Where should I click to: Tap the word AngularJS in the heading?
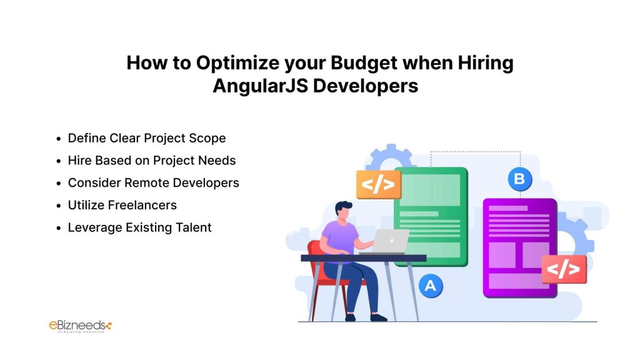[x=259, y=86]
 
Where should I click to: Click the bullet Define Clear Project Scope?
[x=147, y=138]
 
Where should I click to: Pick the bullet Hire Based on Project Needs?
[x=152, y=161]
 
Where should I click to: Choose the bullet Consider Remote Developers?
[x=153, y=183]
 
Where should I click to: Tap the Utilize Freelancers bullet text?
[x=122, y=205]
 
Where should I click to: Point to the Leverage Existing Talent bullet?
[x=139, y=227]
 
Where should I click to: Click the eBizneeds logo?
[x=80, y=326]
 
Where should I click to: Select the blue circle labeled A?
[x=430, y=286]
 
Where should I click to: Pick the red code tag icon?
[x=564, y=269]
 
